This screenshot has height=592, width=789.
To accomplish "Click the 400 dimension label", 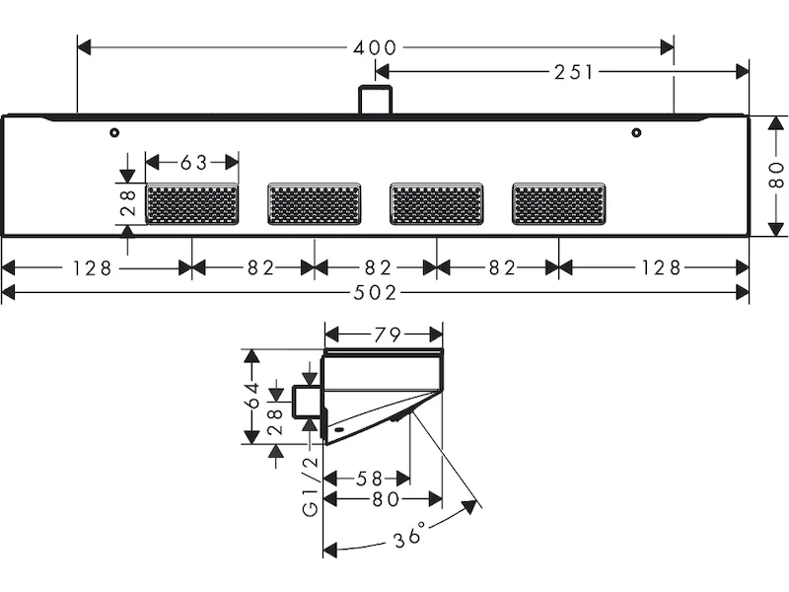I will (x=376, y=47).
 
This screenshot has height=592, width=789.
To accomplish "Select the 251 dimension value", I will (x=572, y=71).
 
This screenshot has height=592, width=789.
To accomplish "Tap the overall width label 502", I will (x=376, y=293).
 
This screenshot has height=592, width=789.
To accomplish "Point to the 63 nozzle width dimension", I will (x=192, y=162).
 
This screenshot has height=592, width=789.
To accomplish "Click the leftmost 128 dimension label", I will (x=97, y=267).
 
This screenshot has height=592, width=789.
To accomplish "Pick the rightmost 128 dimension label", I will (x=655, y=267).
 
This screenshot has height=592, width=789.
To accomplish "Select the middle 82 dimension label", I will (x=376, y=267).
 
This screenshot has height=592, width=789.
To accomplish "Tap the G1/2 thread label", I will (x=310, y=486).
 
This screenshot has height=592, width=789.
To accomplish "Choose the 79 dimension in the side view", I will (x=386, y=334).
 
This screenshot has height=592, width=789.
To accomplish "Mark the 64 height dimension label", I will (x=253, y=395).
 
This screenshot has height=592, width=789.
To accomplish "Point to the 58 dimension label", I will (x=369, y=479).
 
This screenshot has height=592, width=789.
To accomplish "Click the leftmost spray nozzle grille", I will (x=192, y=204).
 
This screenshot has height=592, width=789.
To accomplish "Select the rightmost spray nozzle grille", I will (x=559, y=204).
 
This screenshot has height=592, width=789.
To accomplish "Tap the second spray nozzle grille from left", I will (x=315, y=204).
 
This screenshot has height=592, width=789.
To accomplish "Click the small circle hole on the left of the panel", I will (x=115, y=132).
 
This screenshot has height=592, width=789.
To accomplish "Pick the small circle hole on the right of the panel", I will (x=636, y=132).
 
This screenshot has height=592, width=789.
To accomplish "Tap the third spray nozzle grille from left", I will (x=437, y=204).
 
